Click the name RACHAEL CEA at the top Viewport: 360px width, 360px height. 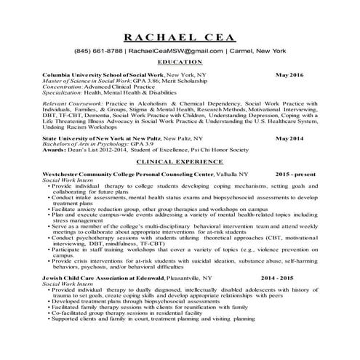pos(180,38)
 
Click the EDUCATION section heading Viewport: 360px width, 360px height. pos(180,63)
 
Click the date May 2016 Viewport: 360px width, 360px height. pos(290,75)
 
